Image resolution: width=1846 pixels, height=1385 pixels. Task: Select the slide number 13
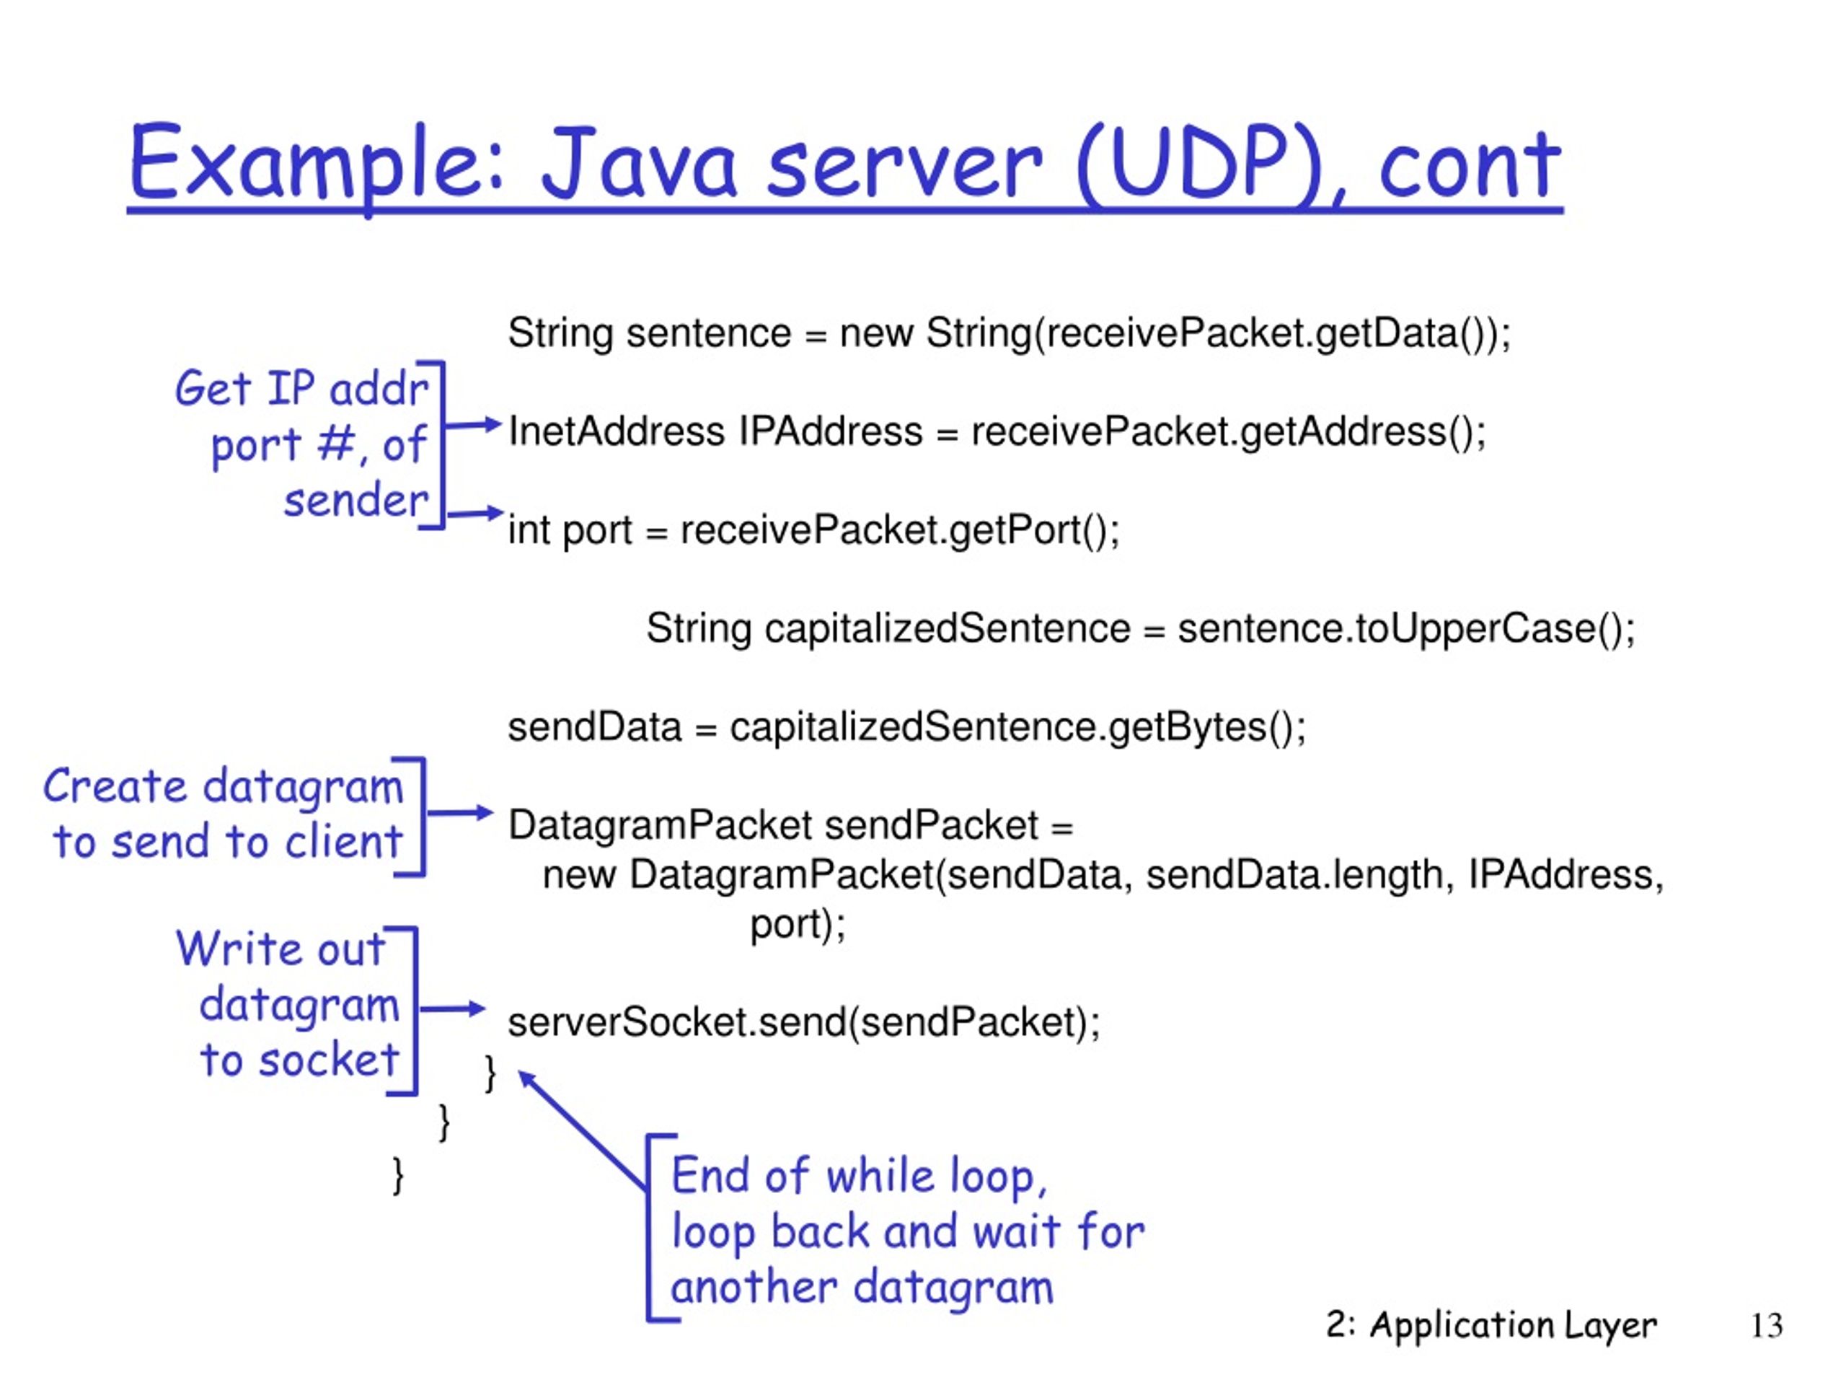[x=1767, y=1326]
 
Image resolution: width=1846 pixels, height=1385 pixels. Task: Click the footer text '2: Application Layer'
[x=1491, y=1326]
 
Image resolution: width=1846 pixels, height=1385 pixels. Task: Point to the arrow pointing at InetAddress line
[x=472, y=425]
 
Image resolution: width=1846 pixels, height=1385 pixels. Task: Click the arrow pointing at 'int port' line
[x=475, y=514]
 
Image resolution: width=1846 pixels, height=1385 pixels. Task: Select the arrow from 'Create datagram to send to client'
[x=460, y=812]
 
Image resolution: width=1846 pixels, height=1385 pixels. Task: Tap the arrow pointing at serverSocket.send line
[x=452, y=1008]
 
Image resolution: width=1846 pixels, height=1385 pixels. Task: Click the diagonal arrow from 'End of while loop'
[x=583, y=1130]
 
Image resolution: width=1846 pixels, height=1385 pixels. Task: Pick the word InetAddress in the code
[x=617, y=431]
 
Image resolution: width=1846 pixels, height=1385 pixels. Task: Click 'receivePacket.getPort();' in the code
[x=900, y=531]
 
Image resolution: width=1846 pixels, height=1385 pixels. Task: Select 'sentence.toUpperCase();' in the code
[x=1406, y=628]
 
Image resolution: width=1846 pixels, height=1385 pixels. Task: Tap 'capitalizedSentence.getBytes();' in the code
[x=1018, y=727]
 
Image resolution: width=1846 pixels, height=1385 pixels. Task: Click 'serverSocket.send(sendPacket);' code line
[x=805, y=1023]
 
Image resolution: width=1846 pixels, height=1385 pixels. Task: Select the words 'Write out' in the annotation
[x=281, y=949]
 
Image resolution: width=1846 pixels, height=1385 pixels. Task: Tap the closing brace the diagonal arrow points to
[x=491, y=1073]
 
